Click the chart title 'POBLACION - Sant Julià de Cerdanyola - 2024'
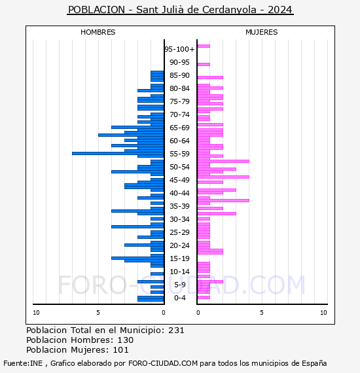coord(180,10)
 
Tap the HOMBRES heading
coord(98,32)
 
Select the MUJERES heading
coord(262,32)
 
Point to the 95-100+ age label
coord(179,49)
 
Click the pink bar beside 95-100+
coord(204,46)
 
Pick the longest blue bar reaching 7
coord(118,153)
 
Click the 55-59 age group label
coord(179,154)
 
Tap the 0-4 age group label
coord(179,298)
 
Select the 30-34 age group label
coord(179,219)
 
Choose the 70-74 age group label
coord(179,115)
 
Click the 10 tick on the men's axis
coord(36,313)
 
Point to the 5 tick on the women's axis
coord(262,313)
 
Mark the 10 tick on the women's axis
coord(323,313)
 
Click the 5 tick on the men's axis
coord(98,313)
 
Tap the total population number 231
coord(176,330)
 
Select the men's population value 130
coord(126,340)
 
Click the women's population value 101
coord(120,349)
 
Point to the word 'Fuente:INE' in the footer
coord(23,363)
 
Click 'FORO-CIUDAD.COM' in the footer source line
coord(163,363)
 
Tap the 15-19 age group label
coord(179,258)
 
